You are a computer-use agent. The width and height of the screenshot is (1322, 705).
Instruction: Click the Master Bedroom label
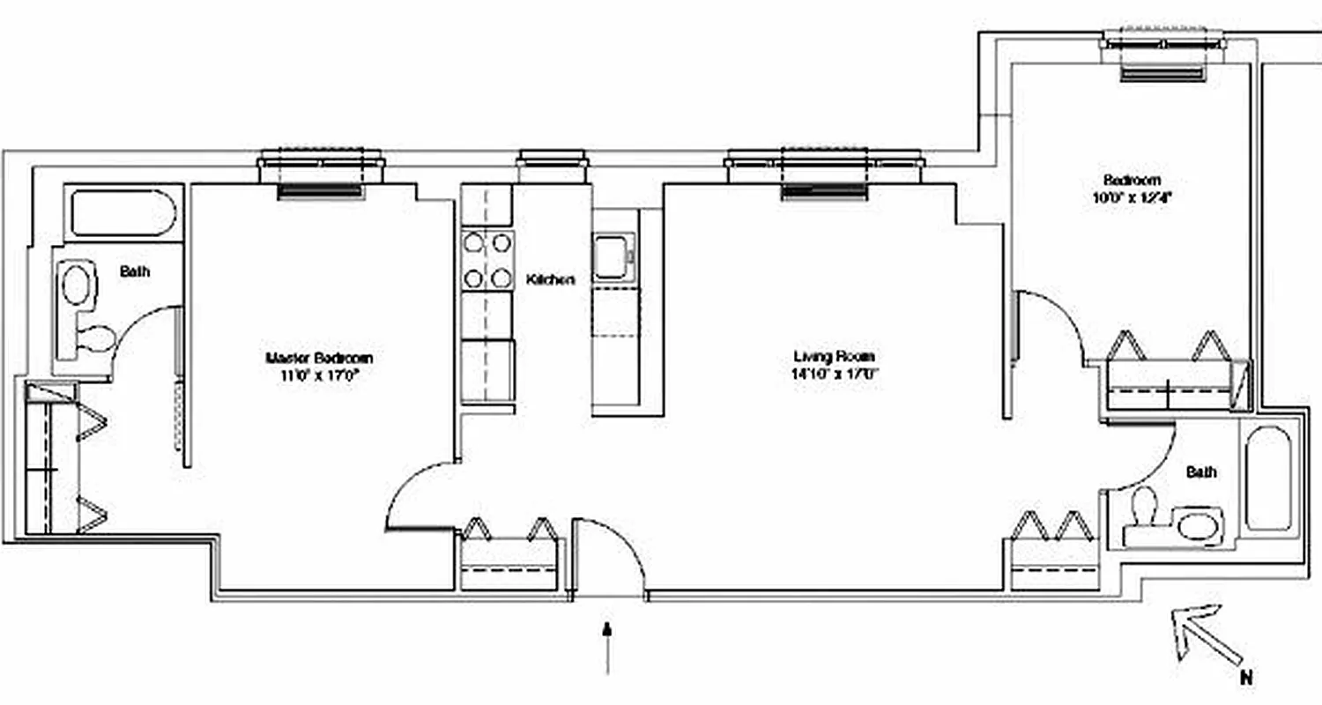tap(319, 358)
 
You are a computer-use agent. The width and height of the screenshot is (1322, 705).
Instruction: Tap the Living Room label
tap(834, 357)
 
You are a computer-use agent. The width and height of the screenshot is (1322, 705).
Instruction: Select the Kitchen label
tap(551, 280)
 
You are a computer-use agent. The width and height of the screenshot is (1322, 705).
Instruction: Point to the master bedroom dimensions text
tap(319, 375)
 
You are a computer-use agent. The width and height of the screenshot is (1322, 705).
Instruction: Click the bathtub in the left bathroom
tap(123, 212)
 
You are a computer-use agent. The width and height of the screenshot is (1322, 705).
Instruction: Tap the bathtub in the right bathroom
tap(1267, 479)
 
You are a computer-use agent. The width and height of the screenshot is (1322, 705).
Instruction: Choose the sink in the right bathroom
tap(1197, 527)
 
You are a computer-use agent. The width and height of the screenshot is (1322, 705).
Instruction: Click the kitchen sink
tap(612, 256)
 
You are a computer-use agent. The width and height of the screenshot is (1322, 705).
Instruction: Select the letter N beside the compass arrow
tap(1244, 677)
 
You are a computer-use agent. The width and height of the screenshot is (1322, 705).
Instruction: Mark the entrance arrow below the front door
tap(607, 648)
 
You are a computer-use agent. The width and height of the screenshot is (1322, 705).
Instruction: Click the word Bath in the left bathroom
tap(135, 271)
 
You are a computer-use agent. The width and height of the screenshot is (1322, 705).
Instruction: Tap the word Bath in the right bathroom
tap(1200, 472)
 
